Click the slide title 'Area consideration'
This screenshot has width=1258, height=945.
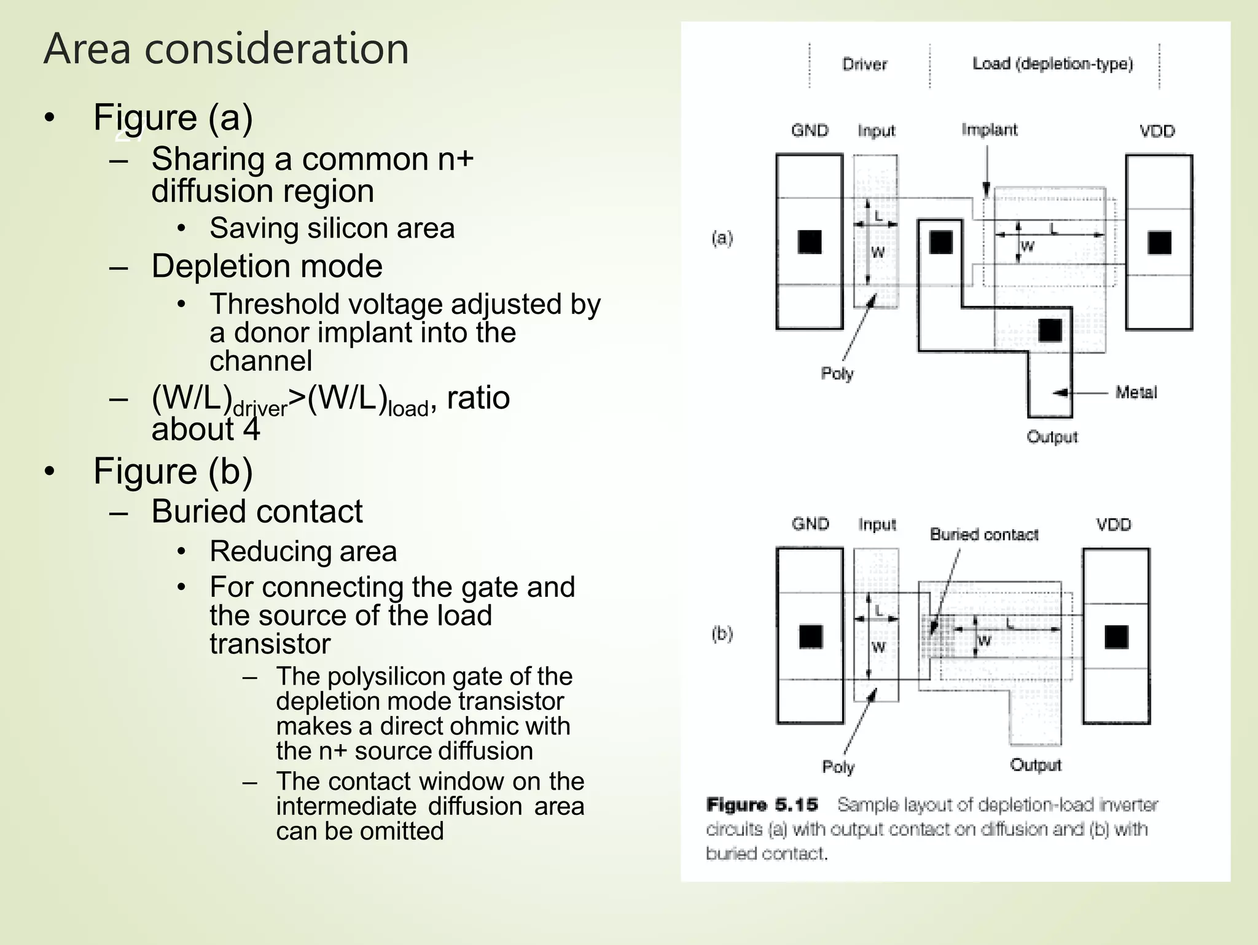coord(226,49)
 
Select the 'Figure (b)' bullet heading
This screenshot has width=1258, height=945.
coord(173,471)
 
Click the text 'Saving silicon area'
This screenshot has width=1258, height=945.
coord(332,228)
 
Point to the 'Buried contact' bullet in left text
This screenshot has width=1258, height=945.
coord(257,511)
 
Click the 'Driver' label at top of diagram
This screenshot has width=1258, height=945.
coord(864,64)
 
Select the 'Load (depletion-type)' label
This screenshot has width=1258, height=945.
coord(1052,63)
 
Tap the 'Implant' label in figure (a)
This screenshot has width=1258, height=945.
coord(989,130)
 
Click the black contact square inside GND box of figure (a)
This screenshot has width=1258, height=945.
coord(810,242)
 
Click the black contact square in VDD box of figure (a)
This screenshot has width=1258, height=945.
coord(1159,243)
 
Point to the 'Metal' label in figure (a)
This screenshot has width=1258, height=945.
coord(1136,392)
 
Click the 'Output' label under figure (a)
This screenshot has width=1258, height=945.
coord(1052,437)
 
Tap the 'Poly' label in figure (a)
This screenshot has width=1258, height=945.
coord(837,373)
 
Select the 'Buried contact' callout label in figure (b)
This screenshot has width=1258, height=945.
coord(983,534)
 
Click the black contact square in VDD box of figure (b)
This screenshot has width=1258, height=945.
coord(1116,637)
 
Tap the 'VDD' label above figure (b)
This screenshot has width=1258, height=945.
coord(1113,524)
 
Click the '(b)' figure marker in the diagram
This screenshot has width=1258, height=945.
coord(722,633)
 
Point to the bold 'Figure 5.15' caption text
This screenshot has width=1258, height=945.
coord(762,804)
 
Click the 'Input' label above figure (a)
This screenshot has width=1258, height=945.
coord(876,131)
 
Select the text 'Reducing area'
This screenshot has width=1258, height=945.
coord(303,551)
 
